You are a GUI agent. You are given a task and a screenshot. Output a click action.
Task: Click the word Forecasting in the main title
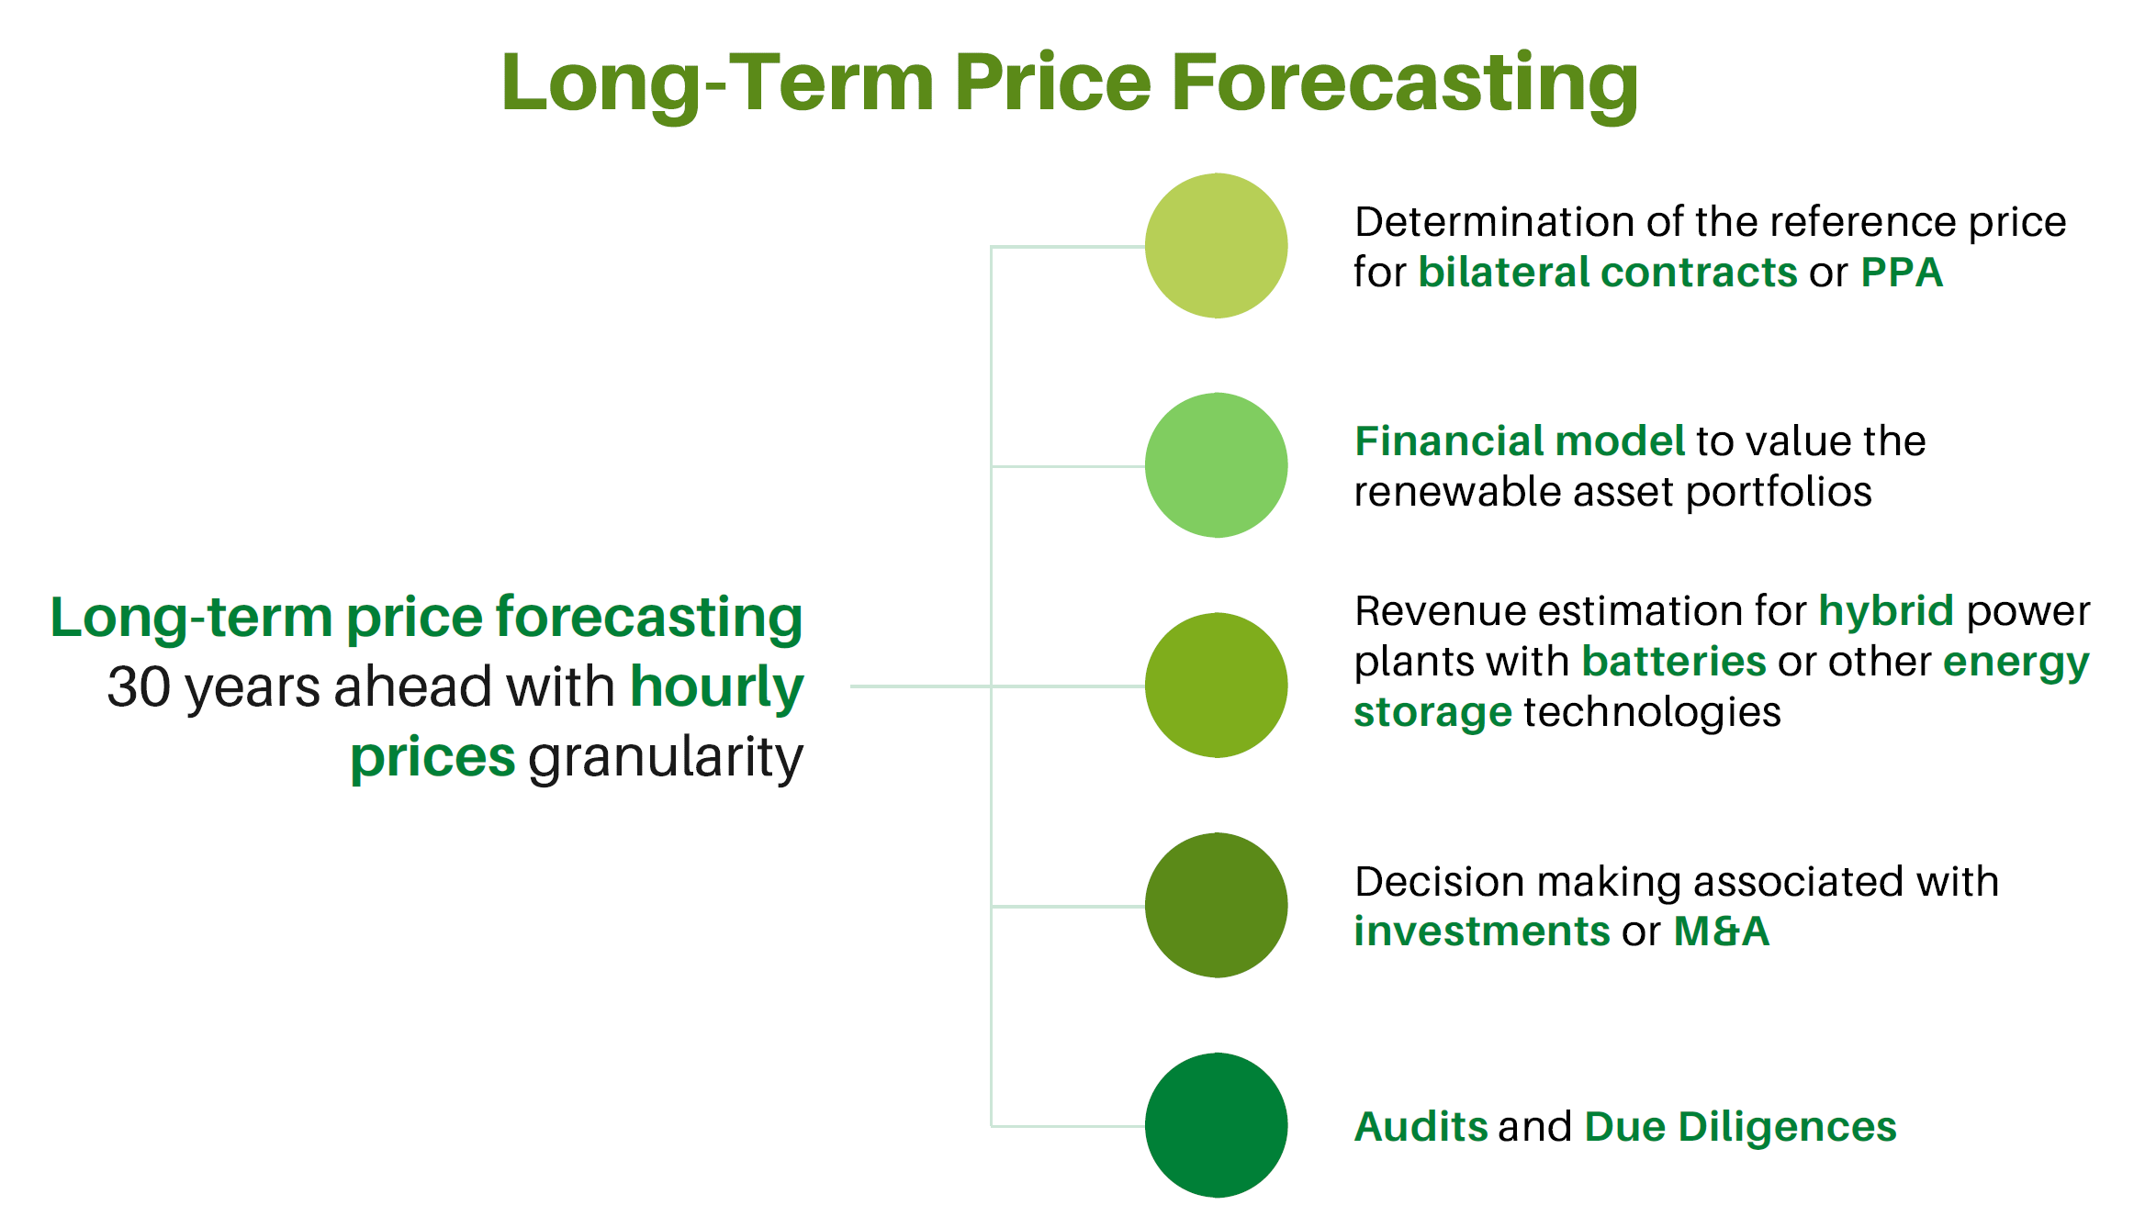click(x=1404, y=84)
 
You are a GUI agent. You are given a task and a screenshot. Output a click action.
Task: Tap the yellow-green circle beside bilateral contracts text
click(x=1216, y=246)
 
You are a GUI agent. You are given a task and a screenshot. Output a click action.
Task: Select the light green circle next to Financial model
click(x=1216, y=465)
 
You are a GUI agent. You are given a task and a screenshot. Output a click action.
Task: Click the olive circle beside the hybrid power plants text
click(x=1216, y=685)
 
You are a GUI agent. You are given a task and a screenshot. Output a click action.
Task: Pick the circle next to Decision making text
click(x=1216, y=905)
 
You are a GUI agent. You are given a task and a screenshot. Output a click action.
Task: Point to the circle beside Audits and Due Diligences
click(x=1216, y=1125)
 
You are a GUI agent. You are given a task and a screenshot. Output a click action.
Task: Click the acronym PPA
click(x=1902, y=273)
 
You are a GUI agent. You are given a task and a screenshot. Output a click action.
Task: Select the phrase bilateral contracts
click(x=1608, y=273)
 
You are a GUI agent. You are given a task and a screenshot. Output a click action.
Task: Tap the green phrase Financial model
click(x=1520, y=441)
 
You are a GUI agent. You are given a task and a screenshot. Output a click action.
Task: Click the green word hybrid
click(x=1886, y=612)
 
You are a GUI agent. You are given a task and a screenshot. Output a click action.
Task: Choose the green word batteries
click(x=1674, y=662)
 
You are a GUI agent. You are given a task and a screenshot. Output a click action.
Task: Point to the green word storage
click(x=1432, y=713)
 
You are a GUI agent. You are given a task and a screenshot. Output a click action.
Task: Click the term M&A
click(x=1722, y=931)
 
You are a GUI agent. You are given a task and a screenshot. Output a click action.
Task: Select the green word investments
click(x=1482, y=931)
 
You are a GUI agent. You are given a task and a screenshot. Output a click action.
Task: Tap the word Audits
click(x=1421, y=1127)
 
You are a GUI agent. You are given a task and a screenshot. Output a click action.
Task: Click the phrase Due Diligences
click(x=1741, y=1128)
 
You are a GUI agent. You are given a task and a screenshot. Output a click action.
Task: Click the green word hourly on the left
click(x=717, y=689)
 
